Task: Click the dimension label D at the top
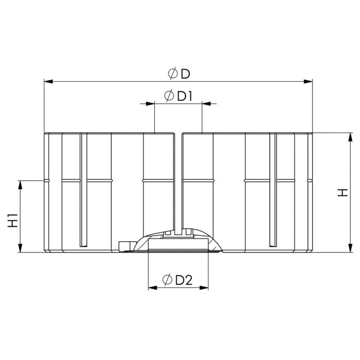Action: coord(186,74)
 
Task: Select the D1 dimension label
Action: coord(185,96)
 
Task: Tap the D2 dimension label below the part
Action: coord(184,280)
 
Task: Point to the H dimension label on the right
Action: coord(343,192)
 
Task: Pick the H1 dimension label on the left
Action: coord(13,221)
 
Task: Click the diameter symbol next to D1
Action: coord(169,96)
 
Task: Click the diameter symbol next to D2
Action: coord(167,279)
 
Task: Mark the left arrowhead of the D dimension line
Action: coord(48,81)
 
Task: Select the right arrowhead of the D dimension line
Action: coord(308,81)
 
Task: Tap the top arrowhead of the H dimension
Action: coord(350,137)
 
